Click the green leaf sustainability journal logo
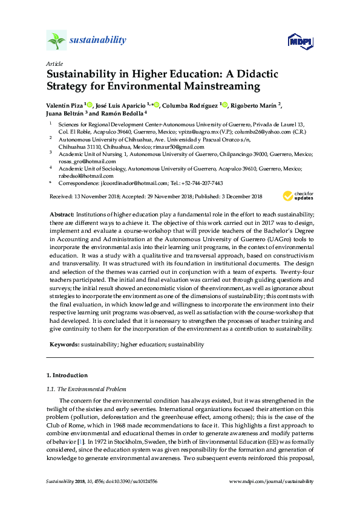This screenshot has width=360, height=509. [x=56, y=41]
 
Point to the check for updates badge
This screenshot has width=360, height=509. [x=299, y=196]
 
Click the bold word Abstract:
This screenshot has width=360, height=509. [x=61, y=215]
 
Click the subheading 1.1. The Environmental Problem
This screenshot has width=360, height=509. [x=87, y=389]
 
